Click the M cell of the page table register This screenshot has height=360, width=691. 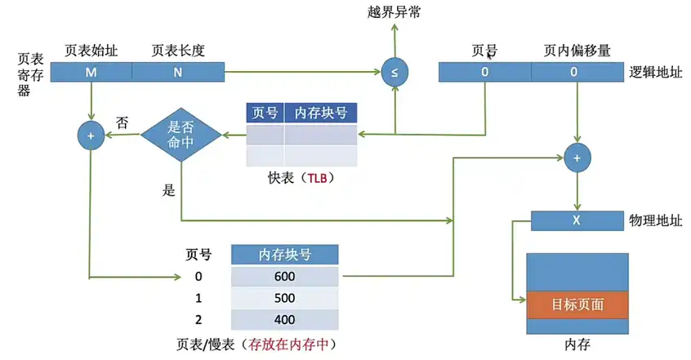point(91,73)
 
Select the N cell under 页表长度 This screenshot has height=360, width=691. point(177,73)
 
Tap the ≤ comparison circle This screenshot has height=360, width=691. point(395,73)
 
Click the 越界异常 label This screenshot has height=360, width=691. point(395,11)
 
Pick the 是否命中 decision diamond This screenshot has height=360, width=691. point(182,135)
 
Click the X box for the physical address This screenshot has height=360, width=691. point(576,220)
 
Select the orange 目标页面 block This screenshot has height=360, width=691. point(577,304)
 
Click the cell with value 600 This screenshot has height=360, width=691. point(284,276)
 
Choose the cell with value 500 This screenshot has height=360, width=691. point(284,298)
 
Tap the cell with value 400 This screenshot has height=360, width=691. point(284,319)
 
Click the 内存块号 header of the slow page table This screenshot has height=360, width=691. point(284,255)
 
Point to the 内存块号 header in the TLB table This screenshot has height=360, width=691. point(320,113)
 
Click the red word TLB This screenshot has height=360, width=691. point(319,176)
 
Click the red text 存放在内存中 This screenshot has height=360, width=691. point(292,343)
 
